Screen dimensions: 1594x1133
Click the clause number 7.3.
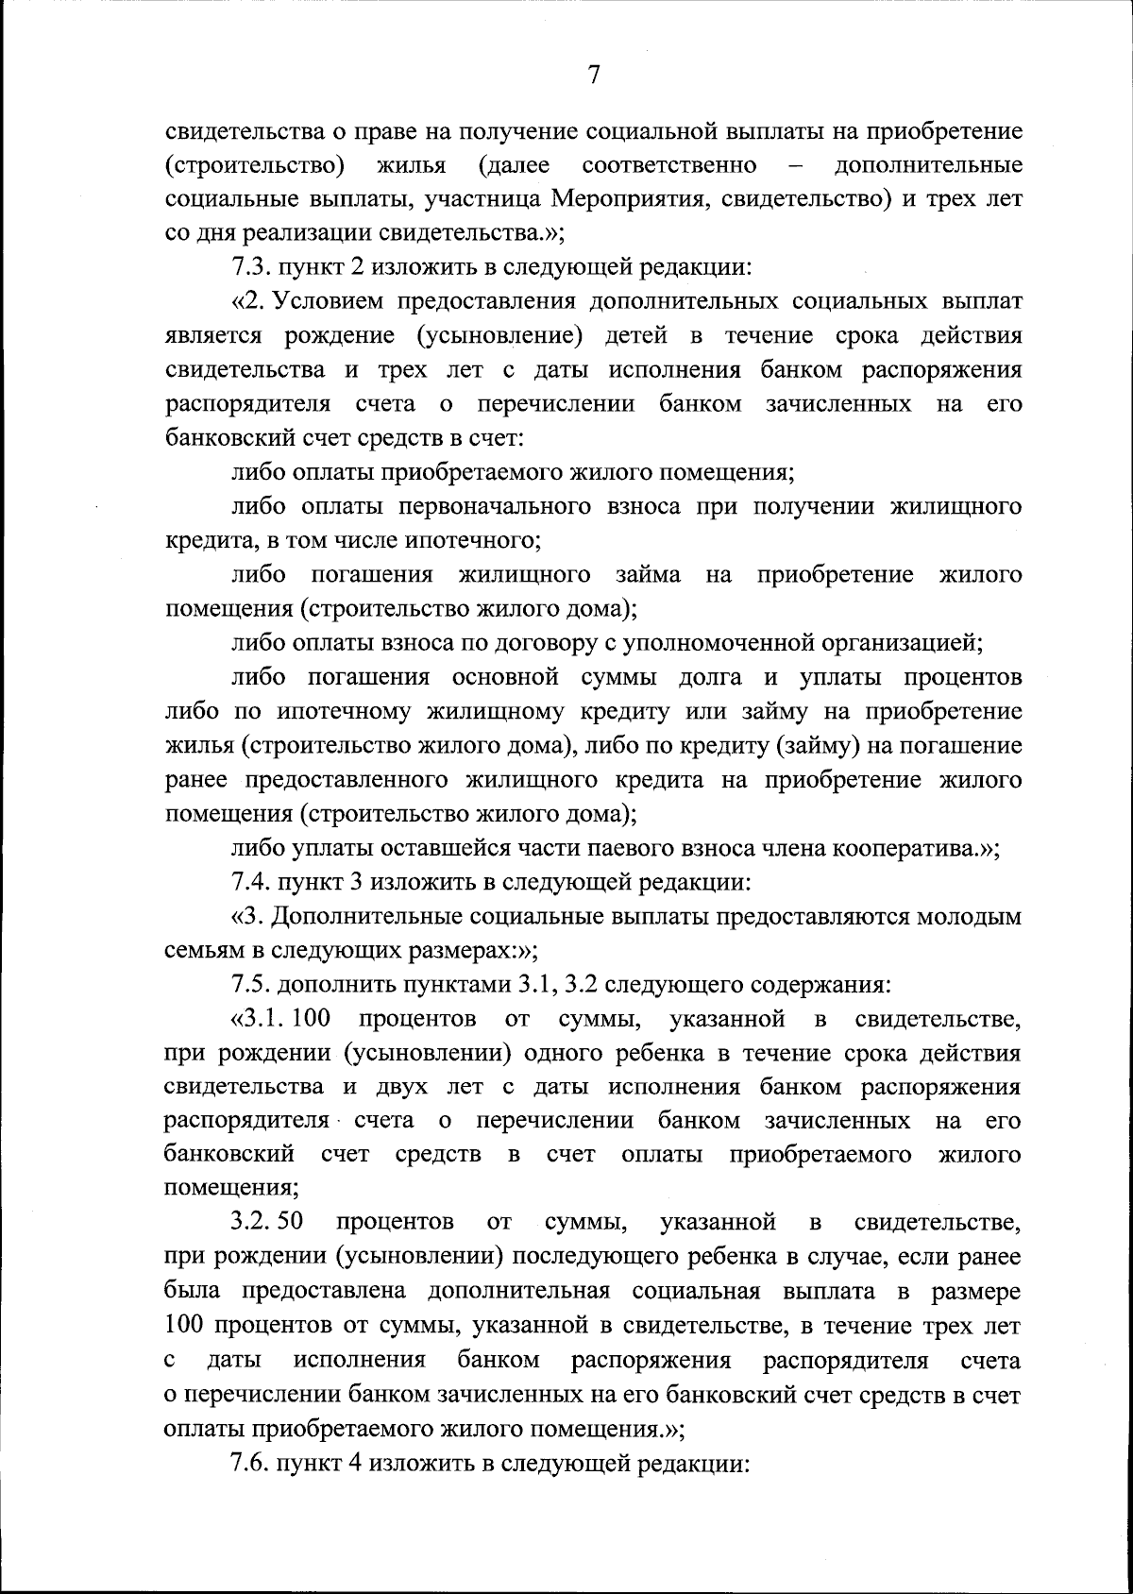click(251, 267)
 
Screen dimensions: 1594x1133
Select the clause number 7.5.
click(251, 985)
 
